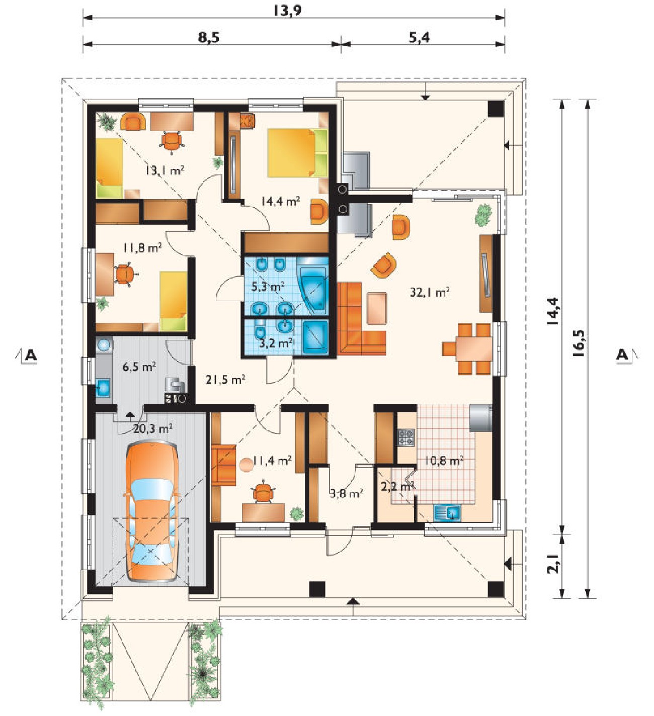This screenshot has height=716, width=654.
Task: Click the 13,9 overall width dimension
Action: [287, 11]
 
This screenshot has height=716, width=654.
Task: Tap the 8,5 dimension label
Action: [209, 37]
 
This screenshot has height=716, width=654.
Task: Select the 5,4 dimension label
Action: [420, 37]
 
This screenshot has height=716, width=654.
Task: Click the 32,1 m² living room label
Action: [429, 292]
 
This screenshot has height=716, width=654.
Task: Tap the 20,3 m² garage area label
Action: [153, 428]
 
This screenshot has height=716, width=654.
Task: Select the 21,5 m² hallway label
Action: [225, 380]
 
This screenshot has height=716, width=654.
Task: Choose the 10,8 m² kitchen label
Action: [444, 461]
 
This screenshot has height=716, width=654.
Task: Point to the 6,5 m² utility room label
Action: [139, 367]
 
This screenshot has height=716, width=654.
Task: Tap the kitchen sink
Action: [447, 513]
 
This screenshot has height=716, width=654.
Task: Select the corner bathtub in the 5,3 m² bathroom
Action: [313, 288]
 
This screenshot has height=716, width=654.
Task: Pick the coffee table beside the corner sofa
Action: [377, 308]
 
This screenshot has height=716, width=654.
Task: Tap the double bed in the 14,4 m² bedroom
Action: [297, 153]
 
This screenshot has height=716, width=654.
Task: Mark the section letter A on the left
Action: [31, 355]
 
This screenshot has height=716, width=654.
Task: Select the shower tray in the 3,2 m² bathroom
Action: [315, 336]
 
